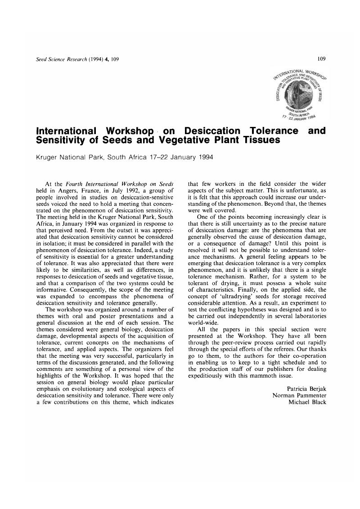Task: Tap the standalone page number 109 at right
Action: point(321,59)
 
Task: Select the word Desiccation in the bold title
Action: point(209,131)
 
